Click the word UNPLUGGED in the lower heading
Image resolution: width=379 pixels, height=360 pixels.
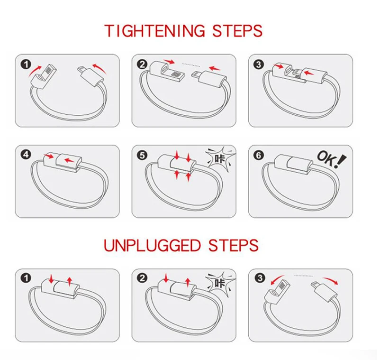tap(152, 245)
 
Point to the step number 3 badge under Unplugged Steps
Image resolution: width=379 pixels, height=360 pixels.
tap(258, 278)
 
